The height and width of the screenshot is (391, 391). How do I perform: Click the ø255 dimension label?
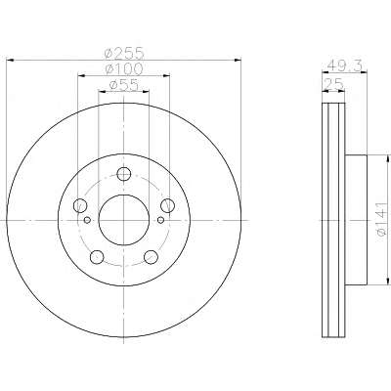[124, 53]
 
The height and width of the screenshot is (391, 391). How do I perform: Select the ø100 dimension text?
[124, 68]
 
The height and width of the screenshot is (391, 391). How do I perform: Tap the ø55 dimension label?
[124, 85]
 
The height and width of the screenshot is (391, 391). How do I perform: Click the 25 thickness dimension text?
[333, 85]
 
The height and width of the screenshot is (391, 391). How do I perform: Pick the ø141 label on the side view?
[382, 219]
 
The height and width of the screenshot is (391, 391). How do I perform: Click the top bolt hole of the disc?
[124, 174]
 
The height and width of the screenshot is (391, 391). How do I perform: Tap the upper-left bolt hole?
[80, 205]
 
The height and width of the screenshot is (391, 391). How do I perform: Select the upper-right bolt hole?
[168, 205]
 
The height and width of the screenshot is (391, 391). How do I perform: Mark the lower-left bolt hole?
[97, 257]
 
